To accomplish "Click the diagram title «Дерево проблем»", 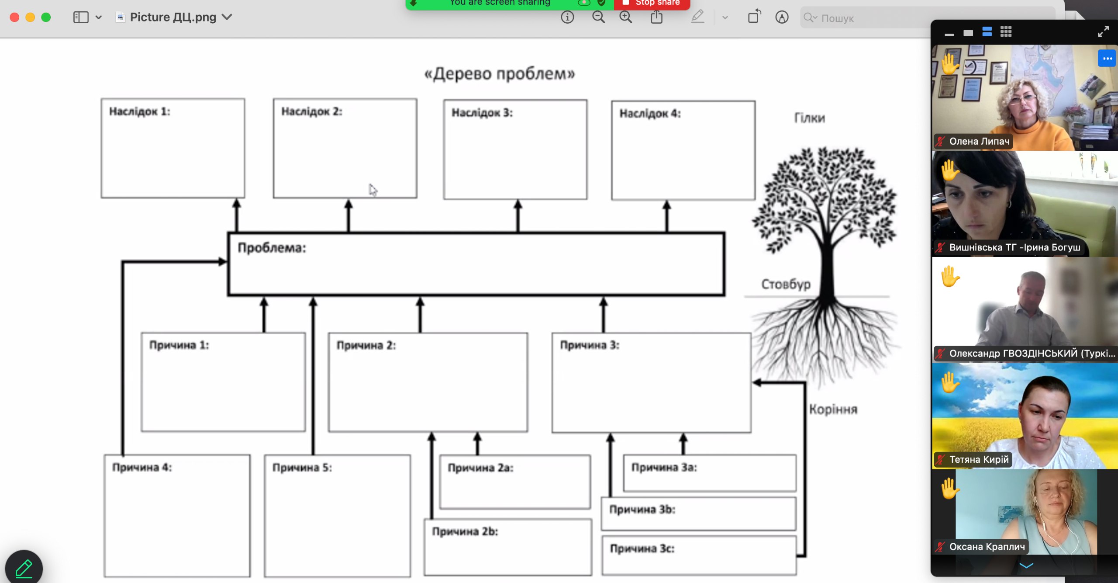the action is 500,73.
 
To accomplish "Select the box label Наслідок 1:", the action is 139,111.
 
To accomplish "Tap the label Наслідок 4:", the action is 650,114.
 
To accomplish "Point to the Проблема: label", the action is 272,248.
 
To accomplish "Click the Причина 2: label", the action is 366,345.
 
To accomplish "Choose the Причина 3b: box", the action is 699,514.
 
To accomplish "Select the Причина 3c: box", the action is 699,555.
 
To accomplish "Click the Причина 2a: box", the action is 515,482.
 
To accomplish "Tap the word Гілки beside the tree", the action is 810,118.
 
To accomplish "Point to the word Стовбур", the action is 786,284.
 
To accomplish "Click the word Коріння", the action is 833,409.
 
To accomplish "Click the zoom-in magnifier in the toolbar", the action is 626,17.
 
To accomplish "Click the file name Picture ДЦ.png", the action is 173,17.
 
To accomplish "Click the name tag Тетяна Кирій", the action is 979,459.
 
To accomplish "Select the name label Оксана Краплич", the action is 987,547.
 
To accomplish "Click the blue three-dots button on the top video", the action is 1107,59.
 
